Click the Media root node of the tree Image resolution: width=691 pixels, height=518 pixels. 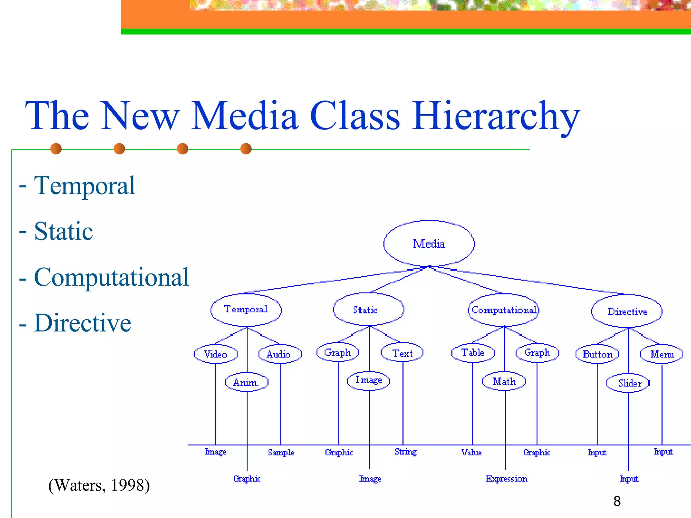coord(429,243)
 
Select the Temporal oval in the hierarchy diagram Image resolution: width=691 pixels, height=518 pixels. coord(246,310)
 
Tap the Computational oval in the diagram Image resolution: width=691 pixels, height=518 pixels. coord(503,310)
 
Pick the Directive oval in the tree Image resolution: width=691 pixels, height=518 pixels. coord(627,312)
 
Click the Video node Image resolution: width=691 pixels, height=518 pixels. coord(216,354)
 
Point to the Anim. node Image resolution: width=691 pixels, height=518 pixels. coord(246,382)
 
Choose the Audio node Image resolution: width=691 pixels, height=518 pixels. coord(280,354)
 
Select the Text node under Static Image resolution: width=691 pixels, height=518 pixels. coord(402,353)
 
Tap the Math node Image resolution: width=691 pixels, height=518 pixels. coord(504,381)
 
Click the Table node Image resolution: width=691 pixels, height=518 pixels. coord(473,353)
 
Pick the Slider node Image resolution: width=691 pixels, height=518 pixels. coord(629,383)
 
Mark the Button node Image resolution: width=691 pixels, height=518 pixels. coord(597,354)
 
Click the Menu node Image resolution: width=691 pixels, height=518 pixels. coord(662,354)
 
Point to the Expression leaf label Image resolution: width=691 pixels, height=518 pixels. coord(506,479)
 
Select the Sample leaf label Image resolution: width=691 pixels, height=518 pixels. coord(281,453)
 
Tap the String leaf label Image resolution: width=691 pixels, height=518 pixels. coord(406,452)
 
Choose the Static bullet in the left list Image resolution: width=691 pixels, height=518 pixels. coord(63,231)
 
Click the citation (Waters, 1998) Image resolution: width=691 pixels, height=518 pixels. coord(99,486)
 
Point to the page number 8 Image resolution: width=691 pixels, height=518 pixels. coord(617,501)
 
